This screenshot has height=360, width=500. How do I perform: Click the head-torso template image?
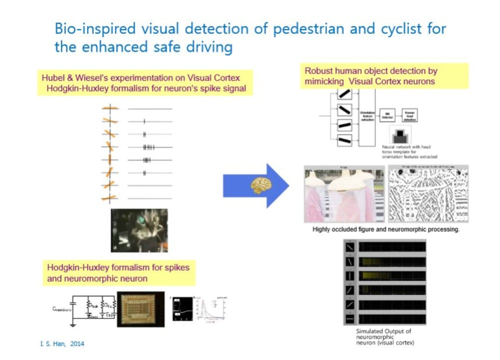(x=400, y=135)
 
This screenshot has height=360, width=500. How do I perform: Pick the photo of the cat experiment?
(x=139, y=230)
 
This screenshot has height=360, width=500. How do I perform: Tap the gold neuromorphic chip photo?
(x=141, y=308)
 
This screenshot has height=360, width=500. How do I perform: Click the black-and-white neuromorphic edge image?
(x=428, y=193)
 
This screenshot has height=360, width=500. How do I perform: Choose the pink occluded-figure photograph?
(x=337, y=194)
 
